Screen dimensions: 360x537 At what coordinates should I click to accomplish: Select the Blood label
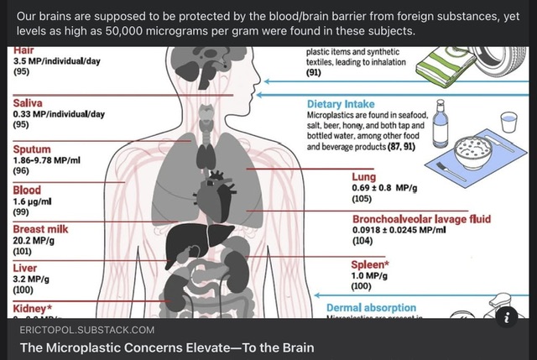(27, 190)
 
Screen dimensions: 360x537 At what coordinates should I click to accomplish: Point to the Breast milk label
(40, 229)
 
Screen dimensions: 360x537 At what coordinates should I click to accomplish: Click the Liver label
(25, 269)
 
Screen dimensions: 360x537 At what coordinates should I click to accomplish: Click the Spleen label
(370, 264)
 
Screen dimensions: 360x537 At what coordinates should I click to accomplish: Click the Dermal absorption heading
(370, 308)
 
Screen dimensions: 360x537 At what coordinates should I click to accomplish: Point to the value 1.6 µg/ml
(34, 201)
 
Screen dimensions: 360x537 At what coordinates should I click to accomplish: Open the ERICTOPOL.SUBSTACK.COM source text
(86, 330)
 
